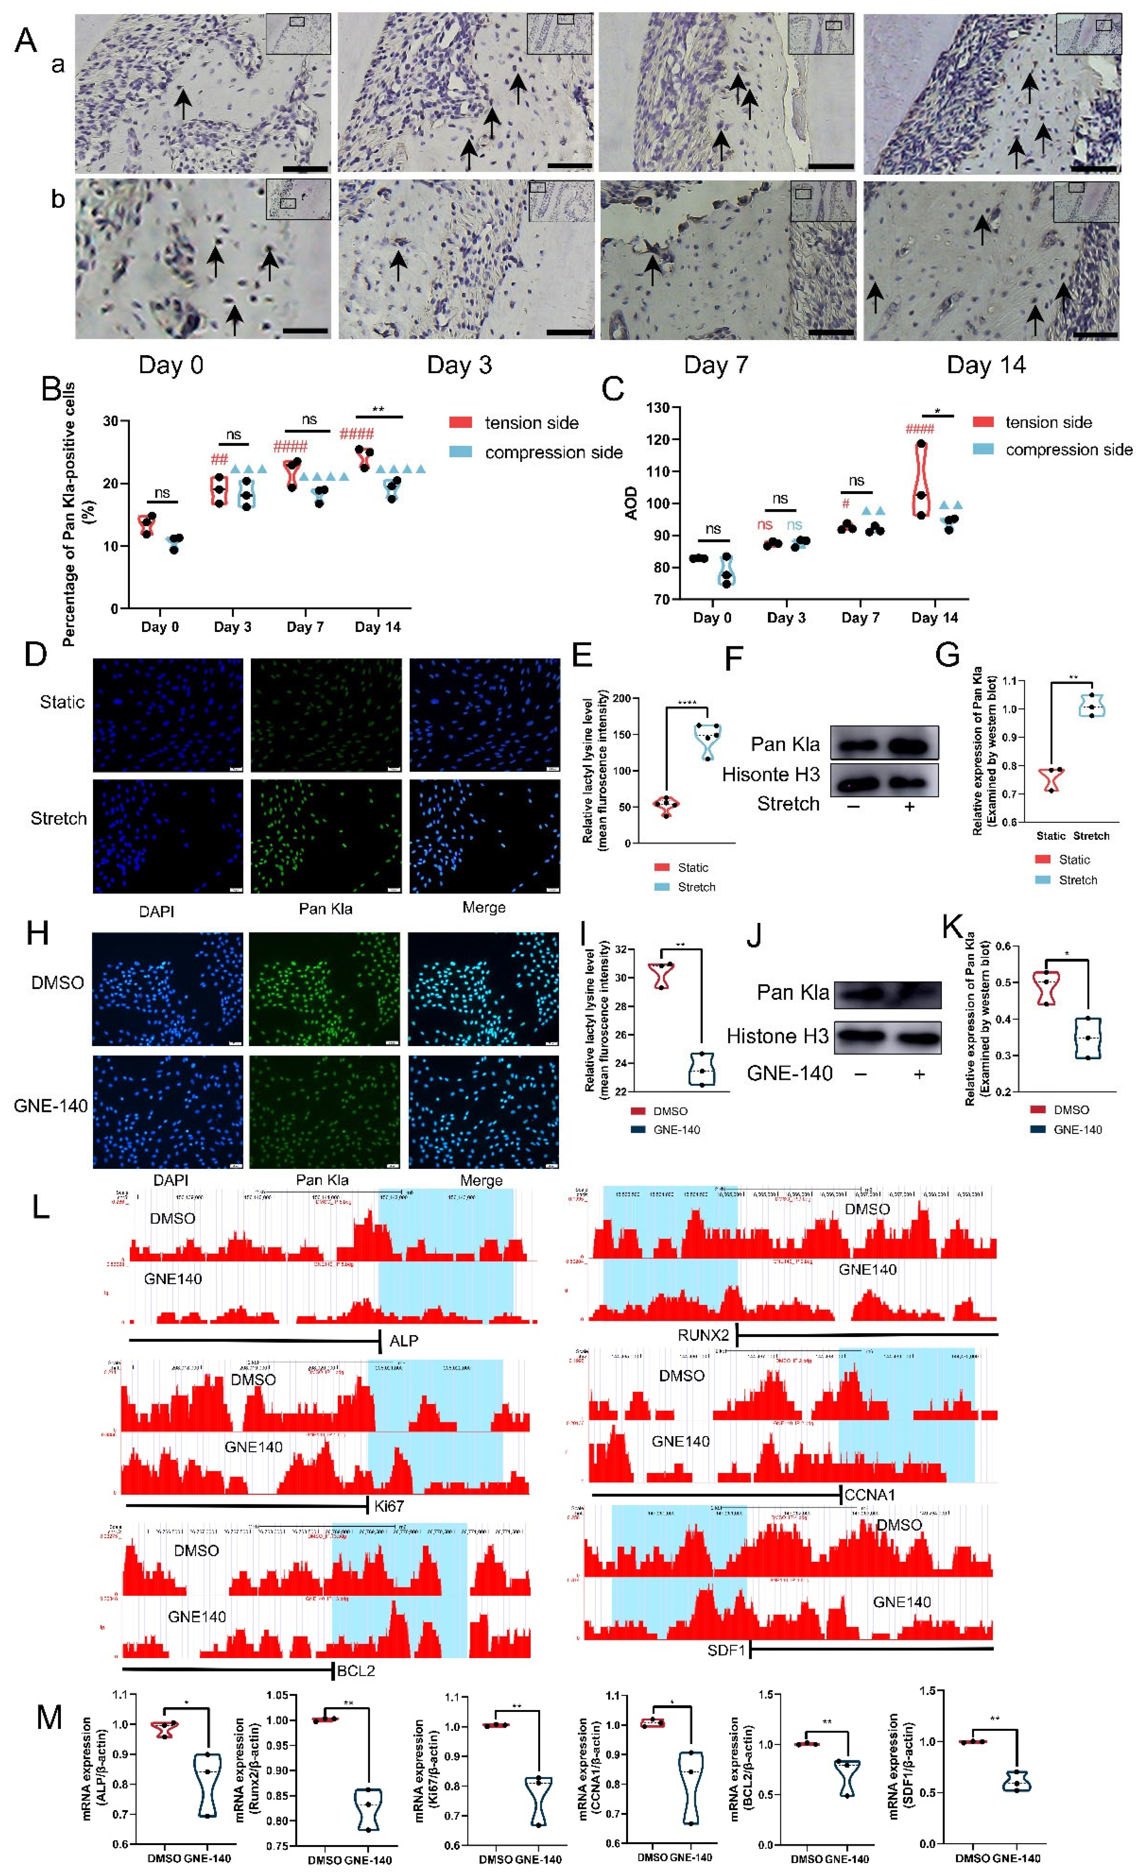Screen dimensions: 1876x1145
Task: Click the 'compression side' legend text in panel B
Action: (x=554, y=452)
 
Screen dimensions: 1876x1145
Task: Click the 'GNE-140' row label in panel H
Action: (x=50, y=1105)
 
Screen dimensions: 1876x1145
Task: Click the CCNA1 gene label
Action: (x=869, y=1494)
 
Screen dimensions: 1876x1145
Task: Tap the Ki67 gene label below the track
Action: (x=389, y=1506)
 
